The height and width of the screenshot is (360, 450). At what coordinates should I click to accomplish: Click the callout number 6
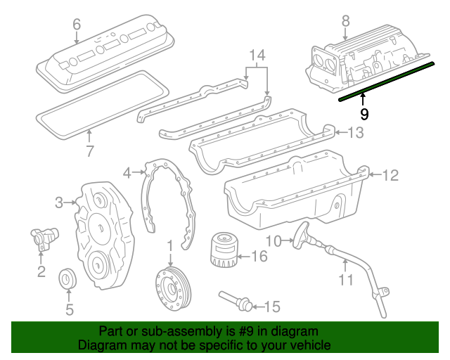coord(77,25)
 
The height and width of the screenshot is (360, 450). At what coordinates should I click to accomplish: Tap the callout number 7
coord(89,150)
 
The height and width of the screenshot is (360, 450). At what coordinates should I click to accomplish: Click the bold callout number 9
coord(364,113)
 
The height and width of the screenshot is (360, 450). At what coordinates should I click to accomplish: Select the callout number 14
coord(257,55)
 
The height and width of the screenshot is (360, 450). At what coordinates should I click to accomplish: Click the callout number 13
coord(357,132)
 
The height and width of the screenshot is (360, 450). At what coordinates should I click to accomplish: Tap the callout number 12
coord(390,175)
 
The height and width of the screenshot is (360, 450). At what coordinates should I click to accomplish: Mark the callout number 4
coord(127,172)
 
